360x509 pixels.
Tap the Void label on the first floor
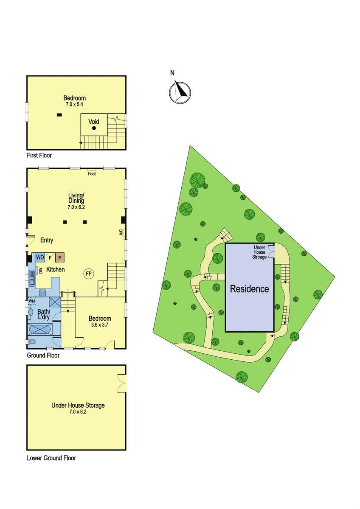94,122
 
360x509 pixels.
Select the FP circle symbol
89,274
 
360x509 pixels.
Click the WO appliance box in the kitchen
40,257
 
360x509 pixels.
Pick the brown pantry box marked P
60,258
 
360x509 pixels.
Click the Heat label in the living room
92,174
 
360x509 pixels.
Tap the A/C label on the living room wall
121,232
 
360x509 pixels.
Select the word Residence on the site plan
250,289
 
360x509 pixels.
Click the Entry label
47,240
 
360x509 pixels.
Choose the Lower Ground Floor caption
51,458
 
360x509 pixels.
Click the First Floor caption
39,155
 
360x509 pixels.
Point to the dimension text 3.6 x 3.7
100,325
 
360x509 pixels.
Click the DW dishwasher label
41,271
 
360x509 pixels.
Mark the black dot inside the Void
94,128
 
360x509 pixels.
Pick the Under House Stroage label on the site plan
259,252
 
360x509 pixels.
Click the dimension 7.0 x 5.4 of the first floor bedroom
75,104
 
